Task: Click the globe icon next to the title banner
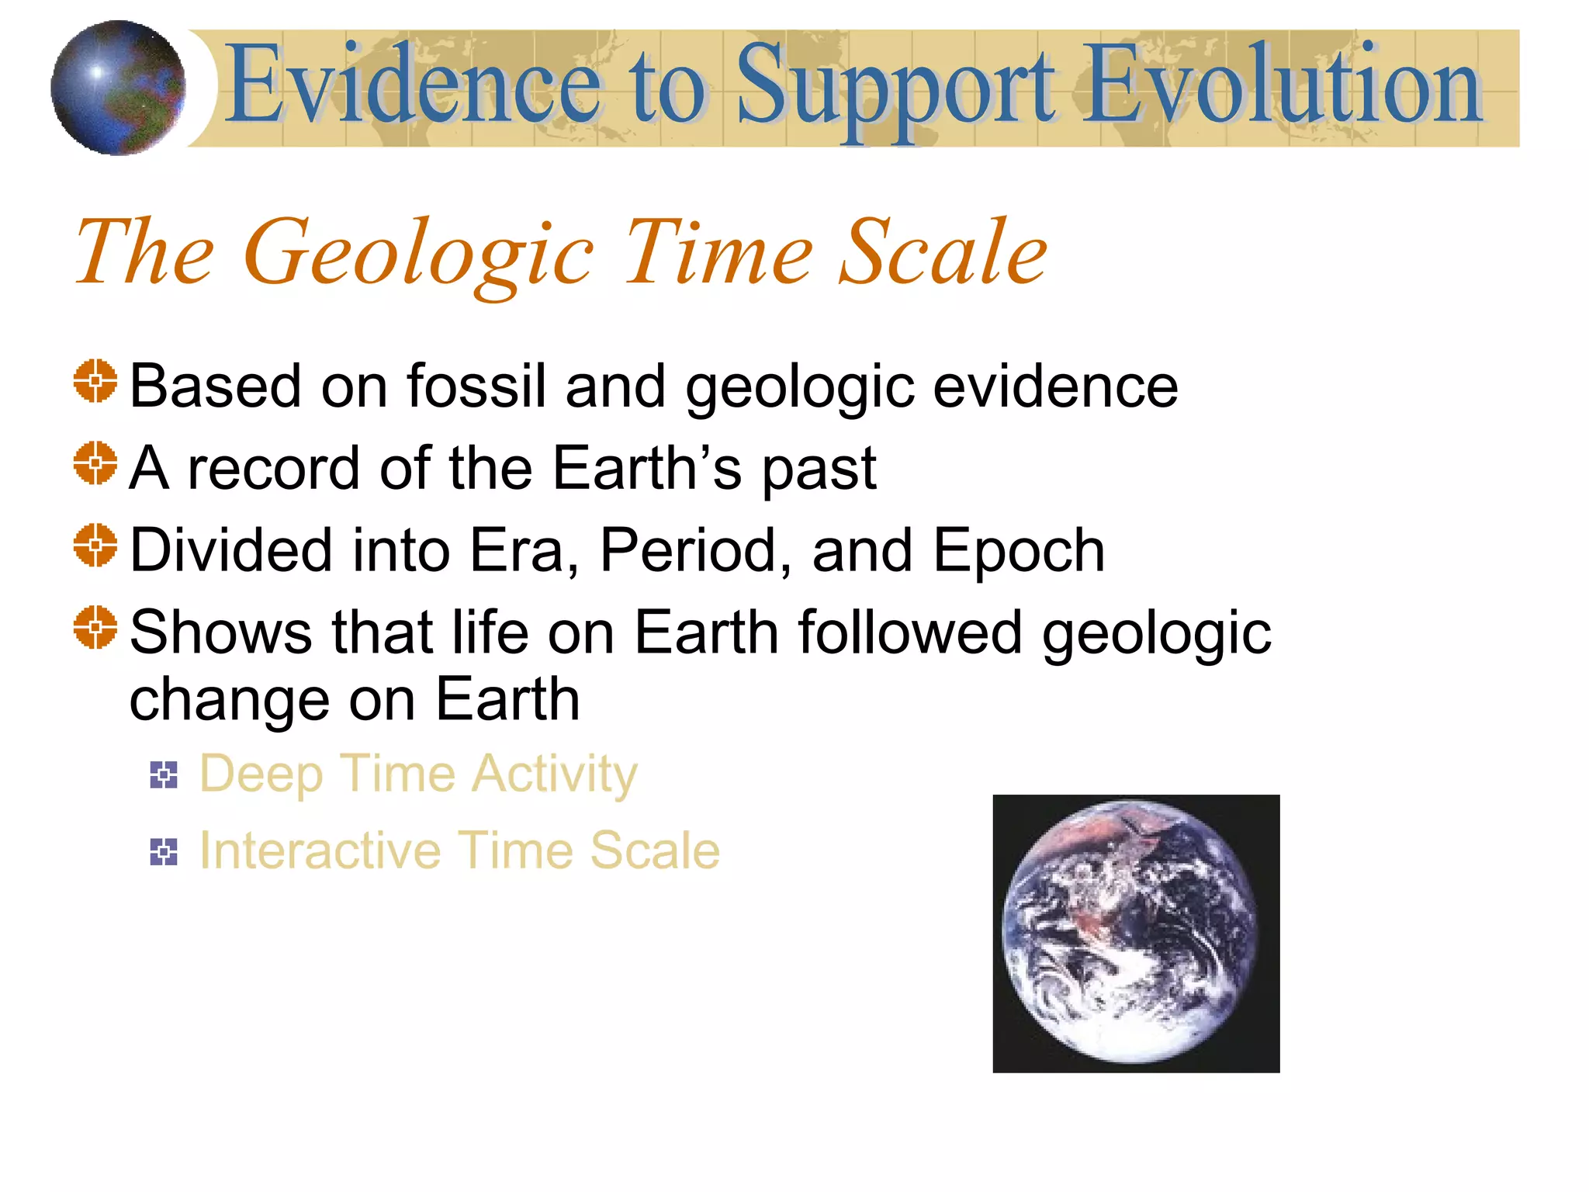tap(118, 88)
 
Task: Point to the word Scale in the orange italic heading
tap(943, 252)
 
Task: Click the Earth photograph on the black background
tap(1135, 933)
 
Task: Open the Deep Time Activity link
tap(418, 774)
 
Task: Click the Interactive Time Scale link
tap(459, 851)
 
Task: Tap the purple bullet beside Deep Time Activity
tap(164, 774)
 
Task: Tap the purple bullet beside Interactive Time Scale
tap(164, 851)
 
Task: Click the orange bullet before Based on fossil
tap(95, 381)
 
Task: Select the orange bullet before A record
tap(95, 463)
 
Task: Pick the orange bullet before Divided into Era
tap(95, 546)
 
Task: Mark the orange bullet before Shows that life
tap(95, 627)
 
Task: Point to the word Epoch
tap(1018, 552)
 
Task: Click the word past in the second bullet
tap(819, 470)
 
